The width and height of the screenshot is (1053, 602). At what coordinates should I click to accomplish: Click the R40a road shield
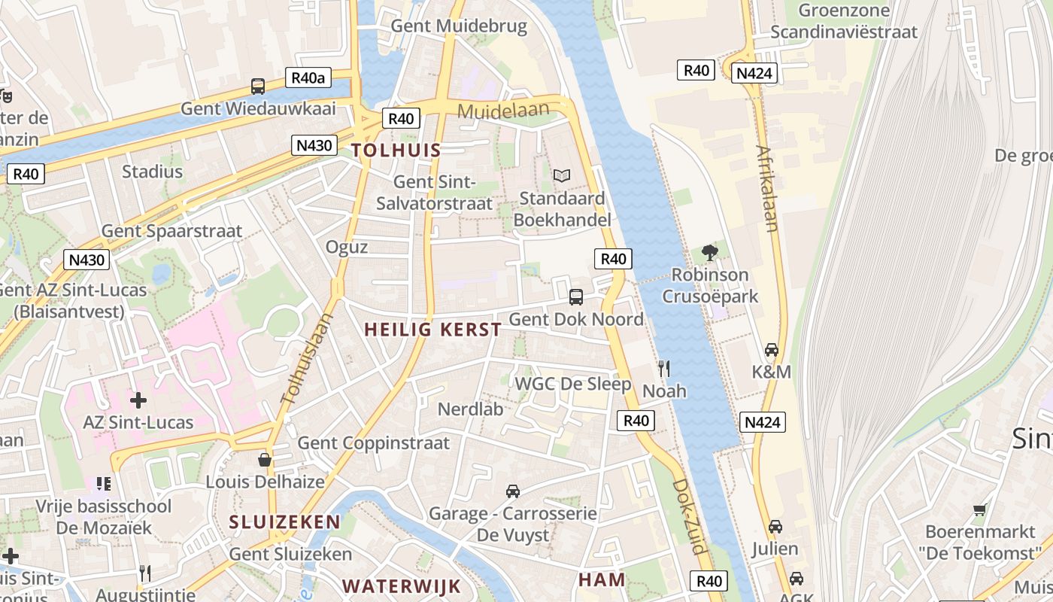click(x=309, y=78)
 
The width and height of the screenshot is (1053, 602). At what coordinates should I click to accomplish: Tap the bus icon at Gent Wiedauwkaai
click(x=258, y=87)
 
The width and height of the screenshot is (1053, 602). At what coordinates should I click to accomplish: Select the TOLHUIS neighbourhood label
click(x=396, y=150)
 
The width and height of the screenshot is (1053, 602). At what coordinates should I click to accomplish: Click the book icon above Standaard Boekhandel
click(x=561, y=176)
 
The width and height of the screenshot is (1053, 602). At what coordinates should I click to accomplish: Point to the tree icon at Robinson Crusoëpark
click(x=709, y=252)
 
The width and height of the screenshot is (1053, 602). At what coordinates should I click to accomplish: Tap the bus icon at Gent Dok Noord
click(x=576, y=296)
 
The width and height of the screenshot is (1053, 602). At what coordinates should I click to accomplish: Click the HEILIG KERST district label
click(x=432, y=330)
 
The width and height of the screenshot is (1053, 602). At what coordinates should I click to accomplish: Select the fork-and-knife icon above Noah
click(x=663, y=368)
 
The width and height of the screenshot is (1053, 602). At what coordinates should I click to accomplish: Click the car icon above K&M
click(x=771, y=349)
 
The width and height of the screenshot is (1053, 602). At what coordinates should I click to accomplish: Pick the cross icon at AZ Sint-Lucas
click(x=138, y=400)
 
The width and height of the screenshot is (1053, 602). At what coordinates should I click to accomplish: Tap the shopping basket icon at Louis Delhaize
click(x=265, y=459)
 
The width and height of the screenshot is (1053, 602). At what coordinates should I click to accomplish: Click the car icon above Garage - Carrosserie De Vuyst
click(x=513, y=491)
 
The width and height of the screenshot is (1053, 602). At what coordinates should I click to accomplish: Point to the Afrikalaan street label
click(x=767, y=188)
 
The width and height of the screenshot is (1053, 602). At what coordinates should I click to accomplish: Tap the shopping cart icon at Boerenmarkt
click(x=979, y=509)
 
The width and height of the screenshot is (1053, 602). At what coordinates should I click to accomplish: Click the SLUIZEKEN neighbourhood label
click(x=284, y=521)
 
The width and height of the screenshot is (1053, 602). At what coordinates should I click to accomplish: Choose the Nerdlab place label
click(x=470, y=409)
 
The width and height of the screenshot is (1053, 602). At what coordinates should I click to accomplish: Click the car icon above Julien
click(x=775, y=526)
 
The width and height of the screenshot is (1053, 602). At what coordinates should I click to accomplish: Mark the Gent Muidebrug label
click(x=459, y=26)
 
